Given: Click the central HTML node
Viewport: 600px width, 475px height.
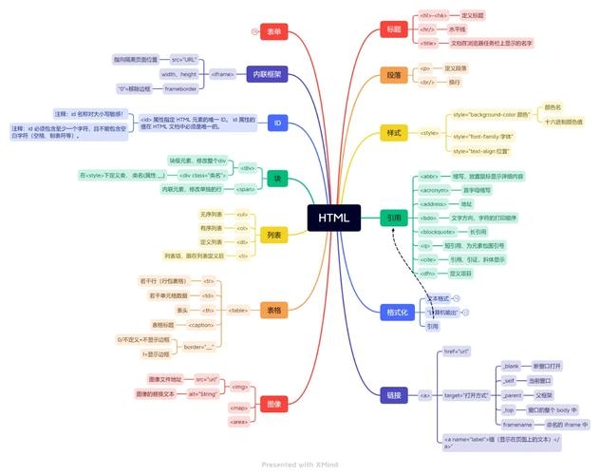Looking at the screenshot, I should coord(333,218).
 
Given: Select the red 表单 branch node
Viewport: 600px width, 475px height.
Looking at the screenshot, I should coord(273,31).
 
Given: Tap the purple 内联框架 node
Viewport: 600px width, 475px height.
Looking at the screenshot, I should coord(263,73).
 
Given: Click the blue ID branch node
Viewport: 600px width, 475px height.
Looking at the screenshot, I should coord(277,123).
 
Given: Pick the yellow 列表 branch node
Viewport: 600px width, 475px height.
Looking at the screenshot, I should coord(273,234).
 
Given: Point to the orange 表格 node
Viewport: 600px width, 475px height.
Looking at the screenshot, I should coord(273,310).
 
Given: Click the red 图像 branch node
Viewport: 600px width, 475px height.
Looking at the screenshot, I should coord(272,402).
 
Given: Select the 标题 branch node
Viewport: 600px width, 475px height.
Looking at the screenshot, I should coord(392,29).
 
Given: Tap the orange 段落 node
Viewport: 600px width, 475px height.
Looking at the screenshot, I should coord(392,75).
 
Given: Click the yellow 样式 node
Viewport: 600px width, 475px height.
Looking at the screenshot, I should coord(392,132).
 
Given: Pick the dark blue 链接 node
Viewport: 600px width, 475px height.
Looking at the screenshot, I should coord(392,394).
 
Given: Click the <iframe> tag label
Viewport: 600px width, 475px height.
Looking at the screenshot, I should coord(223,73).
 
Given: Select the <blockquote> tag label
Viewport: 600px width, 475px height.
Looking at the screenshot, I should coord(439,232).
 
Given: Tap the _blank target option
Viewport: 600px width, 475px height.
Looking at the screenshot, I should coord(511,366).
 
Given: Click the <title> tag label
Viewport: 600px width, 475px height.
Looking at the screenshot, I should coord(428,43).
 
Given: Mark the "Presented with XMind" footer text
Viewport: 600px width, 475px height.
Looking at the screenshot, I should coord(299,465).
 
